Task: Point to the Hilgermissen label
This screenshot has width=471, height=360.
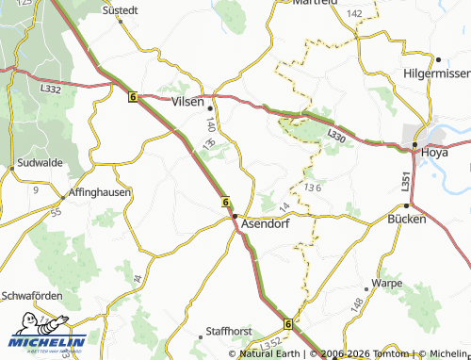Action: click(434, 73)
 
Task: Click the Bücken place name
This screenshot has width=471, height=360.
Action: click(407, 219)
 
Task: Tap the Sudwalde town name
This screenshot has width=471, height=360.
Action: click(40, 163)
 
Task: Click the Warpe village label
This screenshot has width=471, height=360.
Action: click(387, 283)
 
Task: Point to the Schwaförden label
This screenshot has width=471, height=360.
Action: click(31, 294)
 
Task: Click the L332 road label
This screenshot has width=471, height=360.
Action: click(51, 89)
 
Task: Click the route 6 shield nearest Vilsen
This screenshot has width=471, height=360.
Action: click(133, 96)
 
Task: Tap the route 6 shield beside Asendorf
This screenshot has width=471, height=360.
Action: click(226, 202)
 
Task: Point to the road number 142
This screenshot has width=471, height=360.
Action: click(354, 13)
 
